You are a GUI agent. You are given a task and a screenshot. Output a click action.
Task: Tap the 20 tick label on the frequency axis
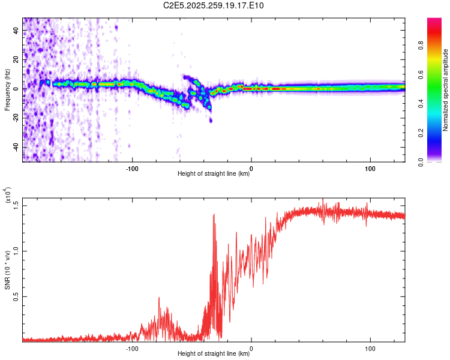click(16, 60)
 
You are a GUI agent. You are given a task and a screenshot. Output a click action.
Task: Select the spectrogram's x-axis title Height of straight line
click(214, 174)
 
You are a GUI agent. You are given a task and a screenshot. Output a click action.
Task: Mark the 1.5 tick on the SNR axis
click(16, 205)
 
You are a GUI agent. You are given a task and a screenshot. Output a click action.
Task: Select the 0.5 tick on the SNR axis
click(16, 297)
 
